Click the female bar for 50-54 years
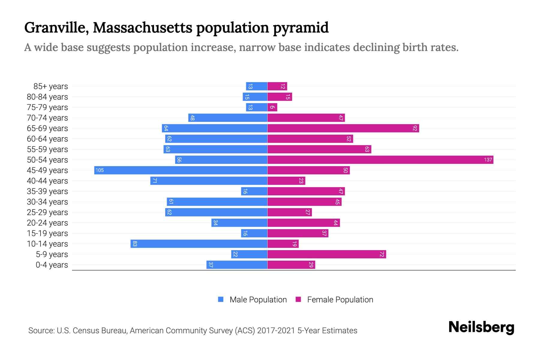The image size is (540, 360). (380, 160)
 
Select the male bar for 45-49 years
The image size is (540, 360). (181, 170)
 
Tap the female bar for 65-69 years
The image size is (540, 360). (343, 128)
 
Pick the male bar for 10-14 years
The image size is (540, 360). (199, 244)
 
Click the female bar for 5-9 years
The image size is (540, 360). (326, 254)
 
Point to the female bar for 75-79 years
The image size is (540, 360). (272, 107)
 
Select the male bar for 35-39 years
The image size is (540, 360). (254, 191)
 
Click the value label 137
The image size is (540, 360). (488, 160)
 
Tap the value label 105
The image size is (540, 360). (100, 170)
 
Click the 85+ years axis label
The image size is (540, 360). (51, 86)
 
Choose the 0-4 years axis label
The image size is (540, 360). (52, 265)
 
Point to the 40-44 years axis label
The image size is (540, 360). (47, 181)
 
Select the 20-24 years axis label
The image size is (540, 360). (47, 223)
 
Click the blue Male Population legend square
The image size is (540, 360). (221, 299)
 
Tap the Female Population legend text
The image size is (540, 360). (340, 299)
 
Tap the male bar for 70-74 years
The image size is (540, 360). (228, 118)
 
